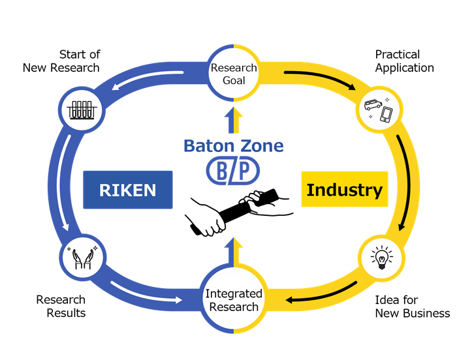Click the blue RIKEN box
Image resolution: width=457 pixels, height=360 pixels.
[x=128, y=190]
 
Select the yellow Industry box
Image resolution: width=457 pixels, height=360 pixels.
[x=344, y=190]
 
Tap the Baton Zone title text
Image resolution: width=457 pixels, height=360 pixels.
[x=233, y=145]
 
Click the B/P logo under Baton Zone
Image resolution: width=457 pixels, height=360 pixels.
[x=233, y=171]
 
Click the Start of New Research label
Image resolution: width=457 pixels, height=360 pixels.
[x=61, y=61]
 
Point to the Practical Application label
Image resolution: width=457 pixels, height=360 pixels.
[x=404, y=61]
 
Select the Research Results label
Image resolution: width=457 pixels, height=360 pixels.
[x=61, y=306]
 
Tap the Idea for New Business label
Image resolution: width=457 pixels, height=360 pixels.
[x=412, y=306]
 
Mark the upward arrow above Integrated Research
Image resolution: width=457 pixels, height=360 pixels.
[x=234, y=251]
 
